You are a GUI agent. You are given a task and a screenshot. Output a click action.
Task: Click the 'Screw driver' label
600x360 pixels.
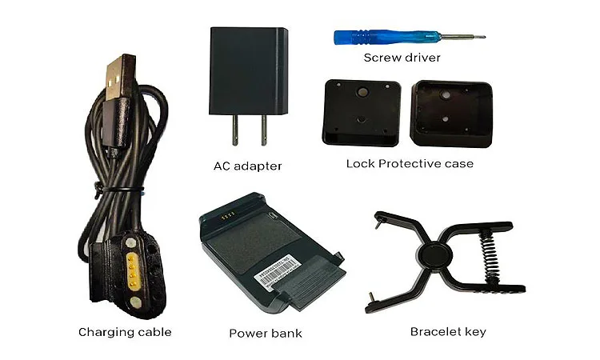(x=402, y=58)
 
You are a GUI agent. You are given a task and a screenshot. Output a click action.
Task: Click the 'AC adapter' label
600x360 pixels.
(x=247, y=166)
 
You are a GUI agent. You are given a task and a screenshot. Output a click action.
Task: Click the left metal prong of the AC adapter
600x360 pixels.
(x=234, y=130)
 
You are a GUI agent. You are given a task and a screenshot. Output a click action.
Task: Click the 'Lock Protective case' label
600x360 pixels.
(x=410, y=163)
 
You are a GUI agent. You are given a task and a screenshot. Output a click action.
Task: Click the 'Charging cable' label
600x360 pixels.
(x=125, y=332)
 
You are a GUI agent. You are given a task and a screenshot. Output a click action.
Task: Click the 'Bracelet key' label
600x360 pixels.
(x=447, y=331)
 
